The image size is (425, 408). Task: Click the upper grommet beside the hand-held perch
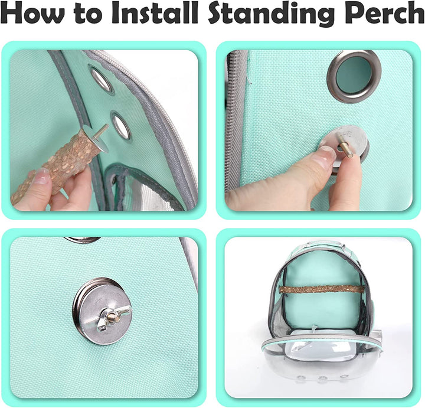coord(101,80)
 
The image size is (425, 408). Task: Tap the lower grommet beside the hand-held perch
coord(121,126)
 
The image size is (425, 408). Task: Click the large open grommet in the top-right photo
coord(354,76)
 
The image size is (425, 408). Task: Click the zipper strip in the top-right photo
coord(236,118)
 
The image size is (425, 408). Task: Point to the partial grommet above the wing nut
coord(82,240)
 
